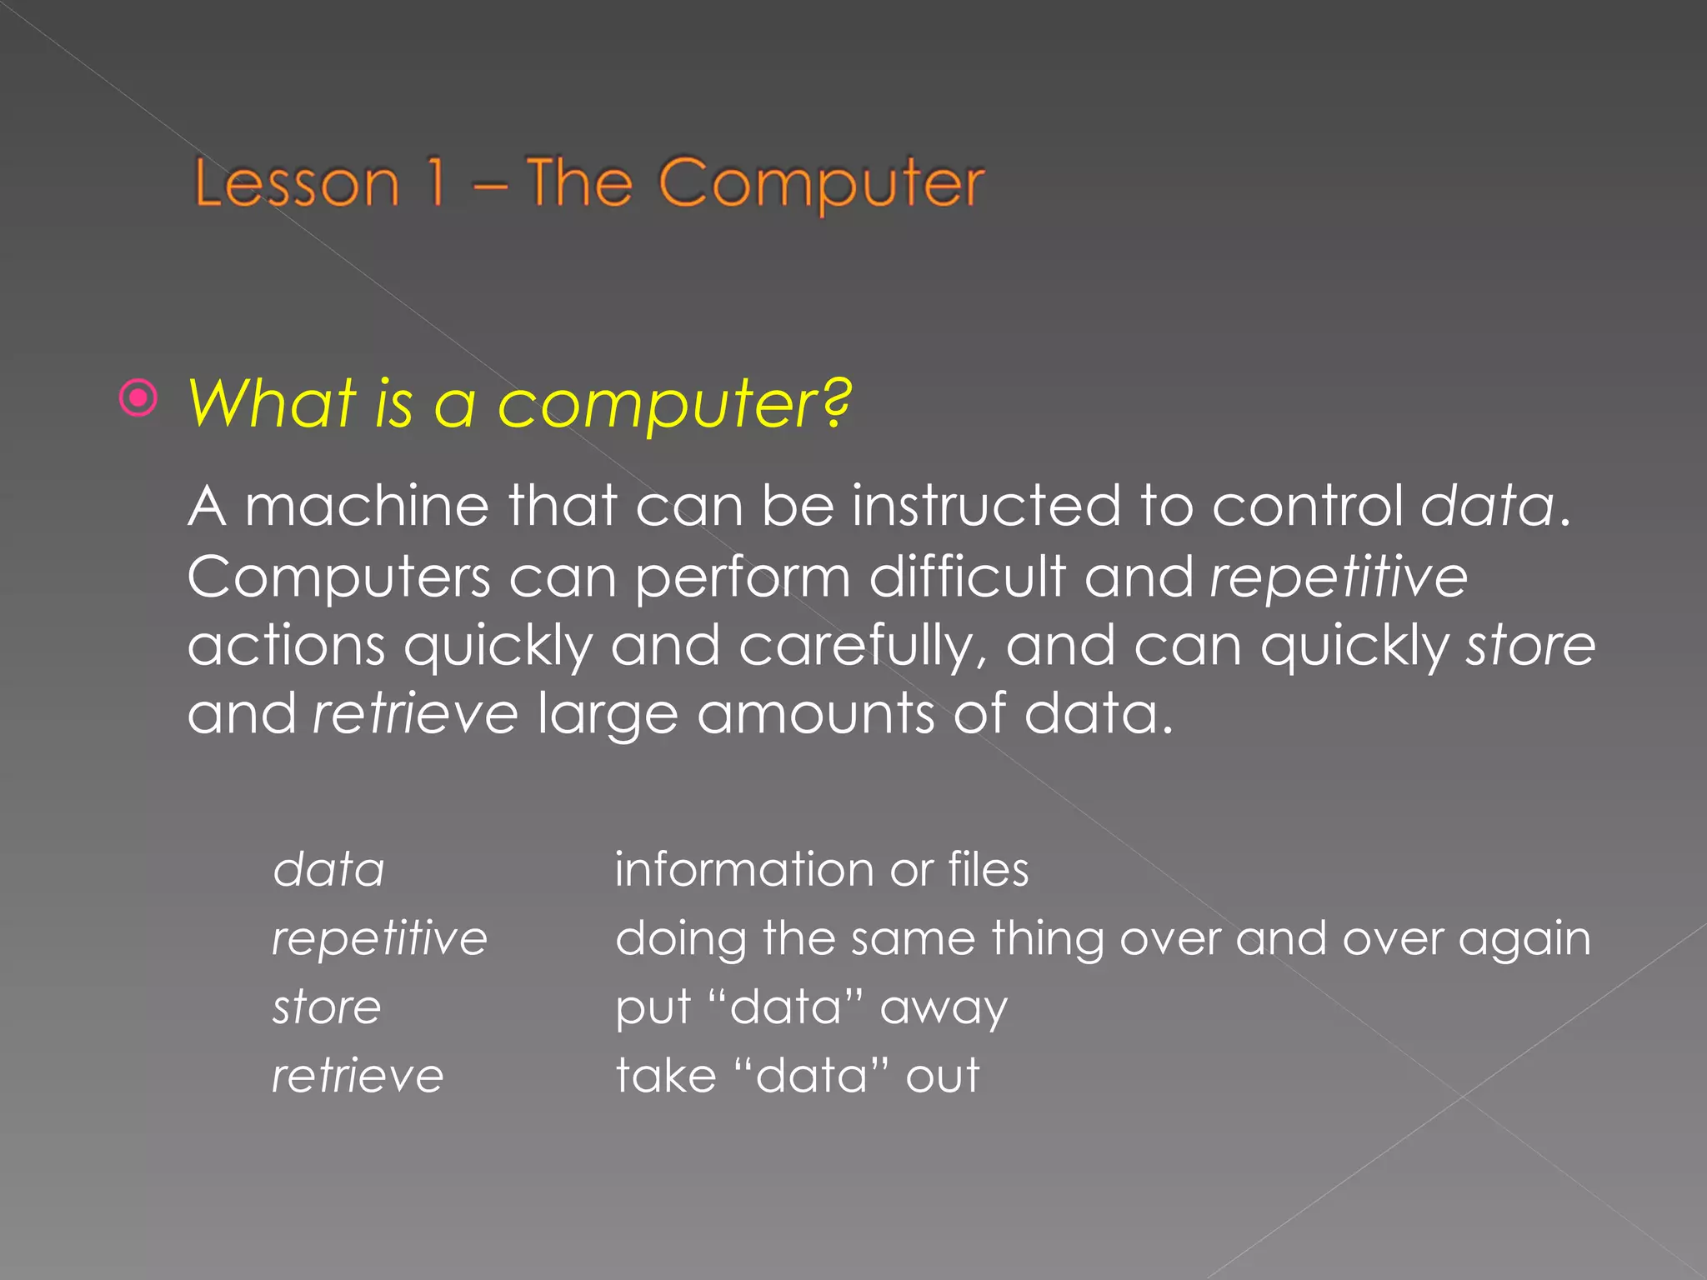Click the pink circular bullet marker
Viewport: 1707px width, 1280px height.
point(138,398)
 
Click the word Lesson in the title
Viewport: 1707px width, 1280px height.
point(297,183)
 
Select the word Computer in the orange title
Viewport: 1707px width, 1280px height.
point(821,183)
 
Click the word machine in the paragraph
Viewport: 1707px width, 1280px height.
point(367,506)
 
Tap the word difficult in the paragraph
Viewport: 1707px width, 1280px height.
point(967,576)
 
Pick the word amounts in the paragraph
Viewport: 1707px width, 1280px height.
point(815,714)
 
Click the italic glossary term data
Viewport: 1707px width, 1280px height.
point(329,869)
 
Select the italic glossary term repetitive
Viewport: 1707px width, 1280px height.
point(379,939)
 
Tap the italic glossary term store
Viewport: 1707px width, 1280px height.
point(327,1007)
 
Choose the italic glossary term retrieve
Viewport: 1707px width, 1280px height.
point(358,1075)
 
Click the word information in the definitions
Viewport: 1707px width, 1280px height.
point(744,869)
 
